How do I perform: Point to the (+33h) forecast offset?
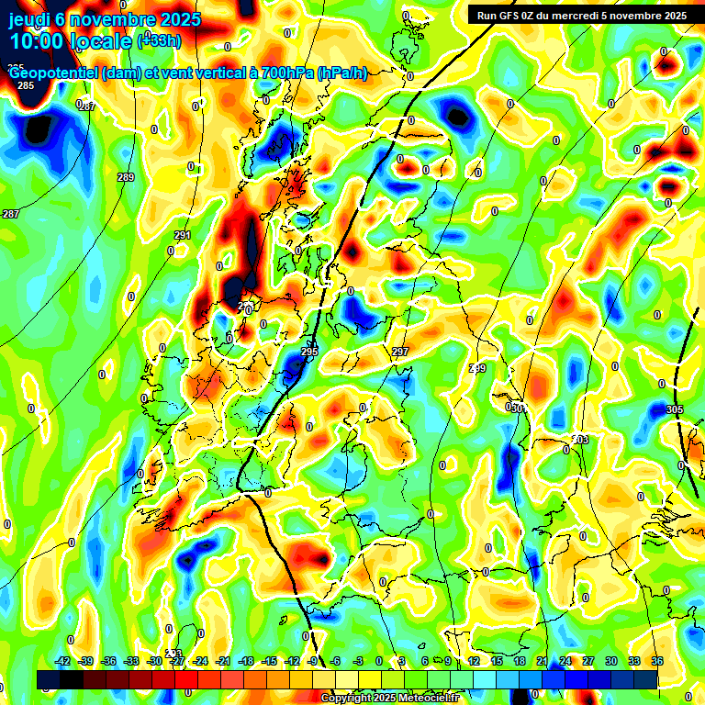point(159,40)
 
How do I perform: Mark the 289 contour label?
point(126,177)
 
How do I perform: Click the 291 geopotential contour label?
point(183,236)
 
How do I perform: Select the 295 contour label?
point(309,352)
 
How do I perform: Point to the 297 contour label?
point(400,352)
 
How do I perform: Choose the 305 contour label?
point(675,409)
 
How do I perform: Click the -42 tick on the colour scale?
point(63,661)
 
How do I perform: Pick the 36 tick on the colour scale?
point(657,661)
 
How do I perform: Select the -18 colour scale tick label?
point(246,661)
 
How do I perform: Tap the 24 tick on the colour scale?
point(565,661)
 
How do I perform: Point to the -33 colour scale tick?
point(132,661)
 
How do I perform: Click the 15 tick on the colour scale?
point(497,661)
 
